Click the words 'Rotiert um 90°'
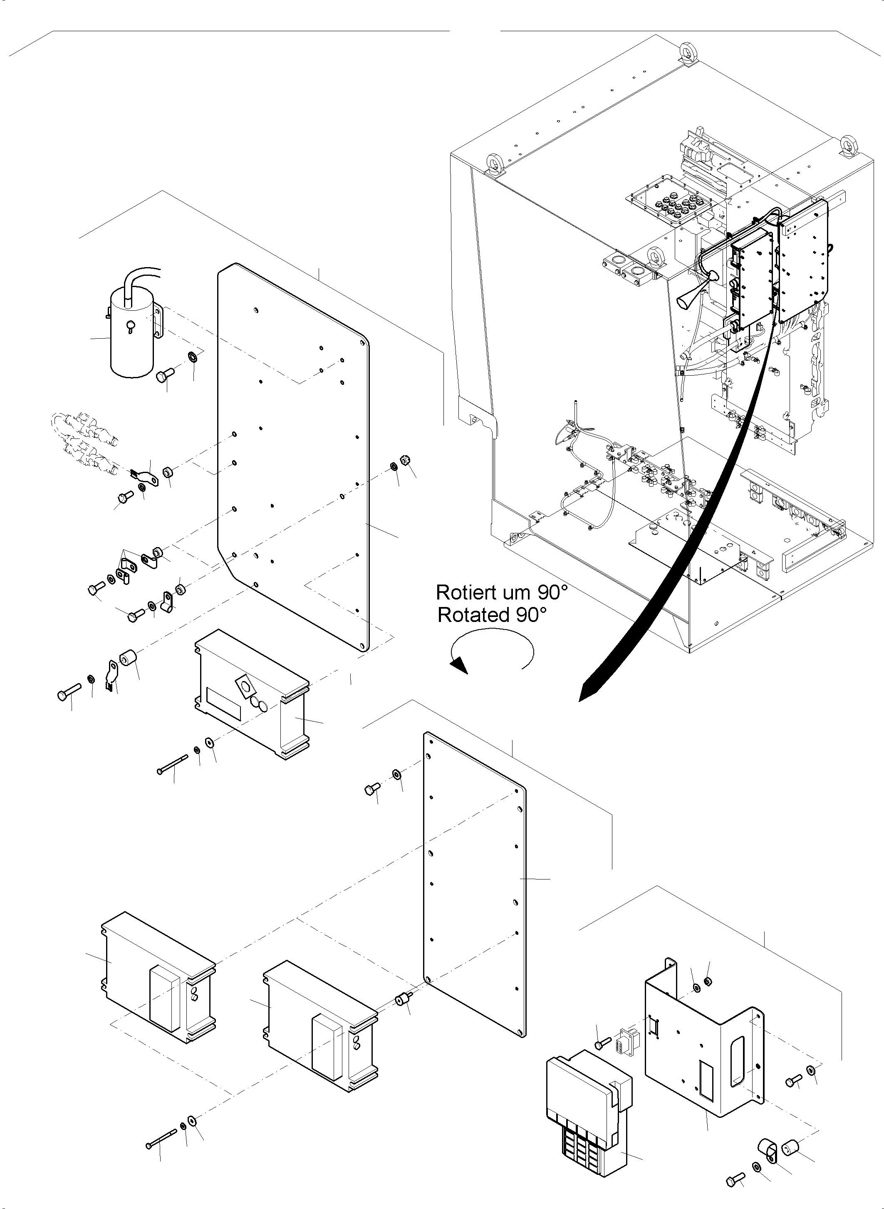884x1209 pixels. click(x=501, y=592)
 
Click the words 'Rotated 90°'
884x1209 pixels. click(x=492, y=615)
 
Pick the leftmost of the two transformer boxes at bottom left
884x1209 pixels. click(x=158, y=979)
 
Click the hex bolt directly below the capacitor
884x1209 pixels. click(x=164, y=375)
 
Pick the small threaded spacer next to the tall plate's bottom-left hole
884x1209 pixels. click(x=402, y=999)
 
